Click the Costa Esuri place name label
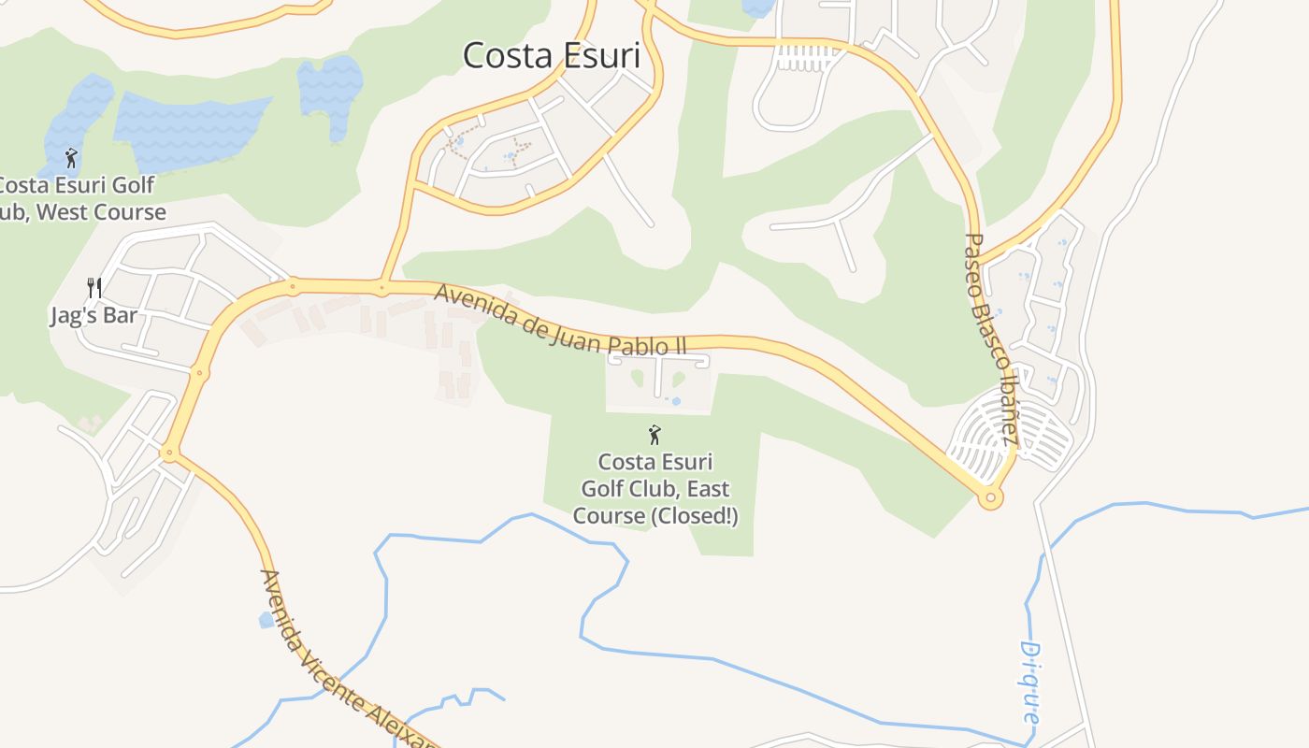point(552,56)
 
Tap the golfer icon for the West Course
point(71,158)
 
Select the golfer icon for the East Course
point(654,435)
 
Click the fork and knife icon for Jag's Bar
point(93,287)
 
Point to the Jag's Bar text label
point(93,316)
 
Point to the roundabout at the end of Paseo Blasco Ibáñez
point(990,498)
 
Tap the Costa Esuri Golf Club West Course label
point(79,199)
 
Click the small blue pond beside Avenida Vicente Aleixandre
point(266,620)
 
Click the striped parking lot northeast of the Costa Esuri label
point(804,58)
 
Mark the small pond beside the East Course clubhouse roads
point(675,402)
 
